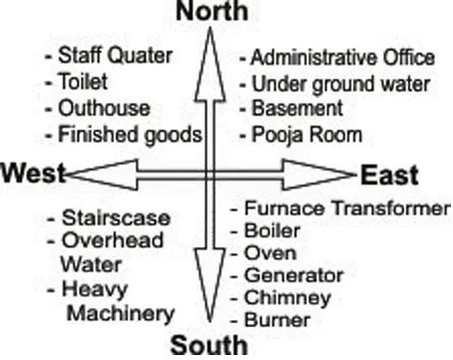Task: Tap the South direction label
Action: [209, 346]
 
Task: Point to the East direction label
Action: [390, 175]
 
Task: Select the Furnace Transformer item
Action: [339, 208]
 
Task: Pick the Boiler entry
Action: [266, 231]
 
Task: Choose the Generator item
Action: [286, 276]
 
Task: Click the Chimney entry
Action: [279, 298]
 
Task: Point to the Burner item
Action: [271, 320]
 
